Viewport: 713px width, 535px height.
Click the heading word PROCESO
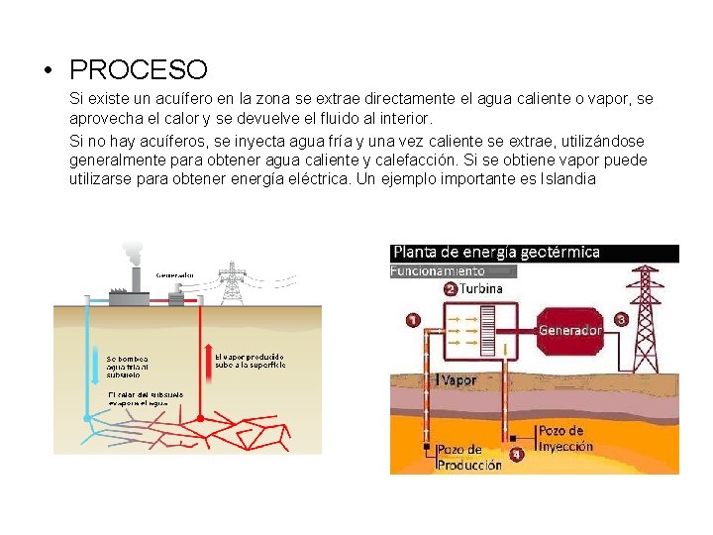pyautogui.click(x=139, y=70)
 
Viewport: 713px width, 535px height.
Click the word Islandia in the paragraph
pyautogui.click(x=565, y=179)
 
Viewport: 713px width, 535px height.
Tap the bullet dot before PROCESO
pyautogui.click(x=47, y=71)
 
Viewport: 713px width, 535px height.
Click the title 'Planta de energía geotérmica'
pyautogui.click(x=496, y=252)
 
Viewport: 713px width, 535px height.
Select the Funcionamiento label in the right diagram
pyautogui.click(x=438, y=269)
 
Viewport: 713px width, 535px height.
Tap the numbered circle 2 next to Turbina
pyautogui.click(x=451, y=289)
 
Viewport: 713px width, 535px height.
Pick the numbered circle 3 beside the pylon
pyautogui.click(x=621, y=320)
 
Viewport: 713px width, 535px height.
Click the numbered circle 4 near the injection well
pyautogui.click(x=516, y=456)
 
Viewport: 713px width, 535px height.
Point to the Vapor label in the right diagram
pyautogui.click(x=458, y=379)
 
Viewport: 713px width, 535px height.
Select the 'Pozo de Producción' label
pyautogui.click(x=469, y=458)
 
